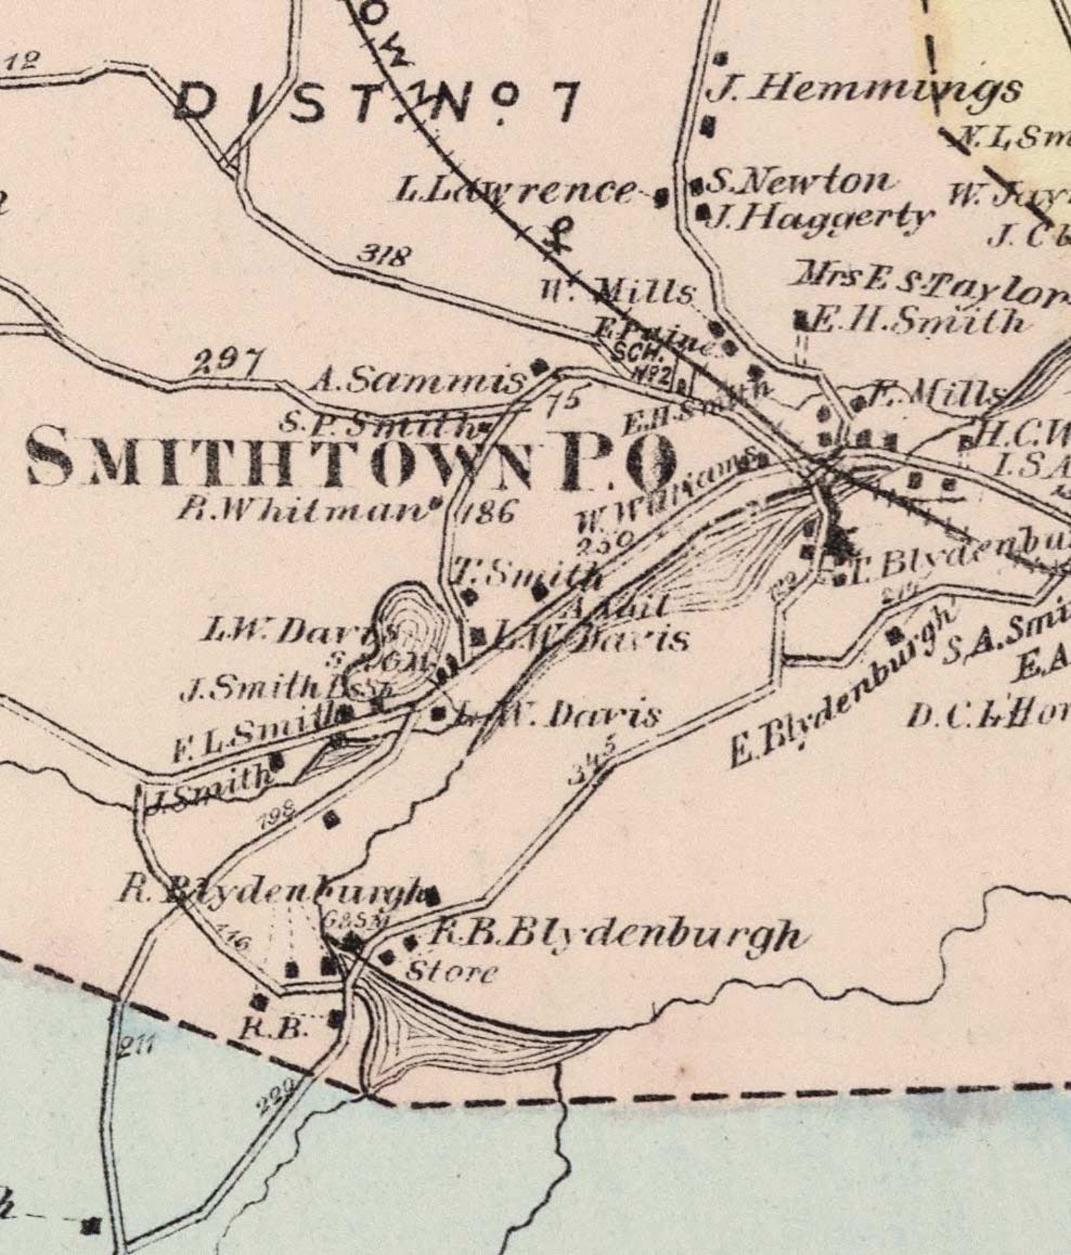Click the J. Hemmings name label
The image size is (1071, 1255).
click(x=863, y=90)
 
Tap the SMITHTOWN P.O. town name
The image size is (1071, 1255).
click(x=351, y=461)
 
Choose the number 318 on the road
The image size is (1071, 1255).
click(x=384, y=256)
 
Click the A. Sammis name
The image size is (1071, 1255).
click(x=417, y=382)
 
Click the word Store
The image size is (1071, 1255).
click(x=452, y=972)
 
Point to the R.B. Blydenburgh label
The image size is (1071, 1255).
click(x=614, y=935)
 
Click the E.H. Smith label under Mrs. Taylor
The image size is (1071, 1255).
click(x=917, y=322)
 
